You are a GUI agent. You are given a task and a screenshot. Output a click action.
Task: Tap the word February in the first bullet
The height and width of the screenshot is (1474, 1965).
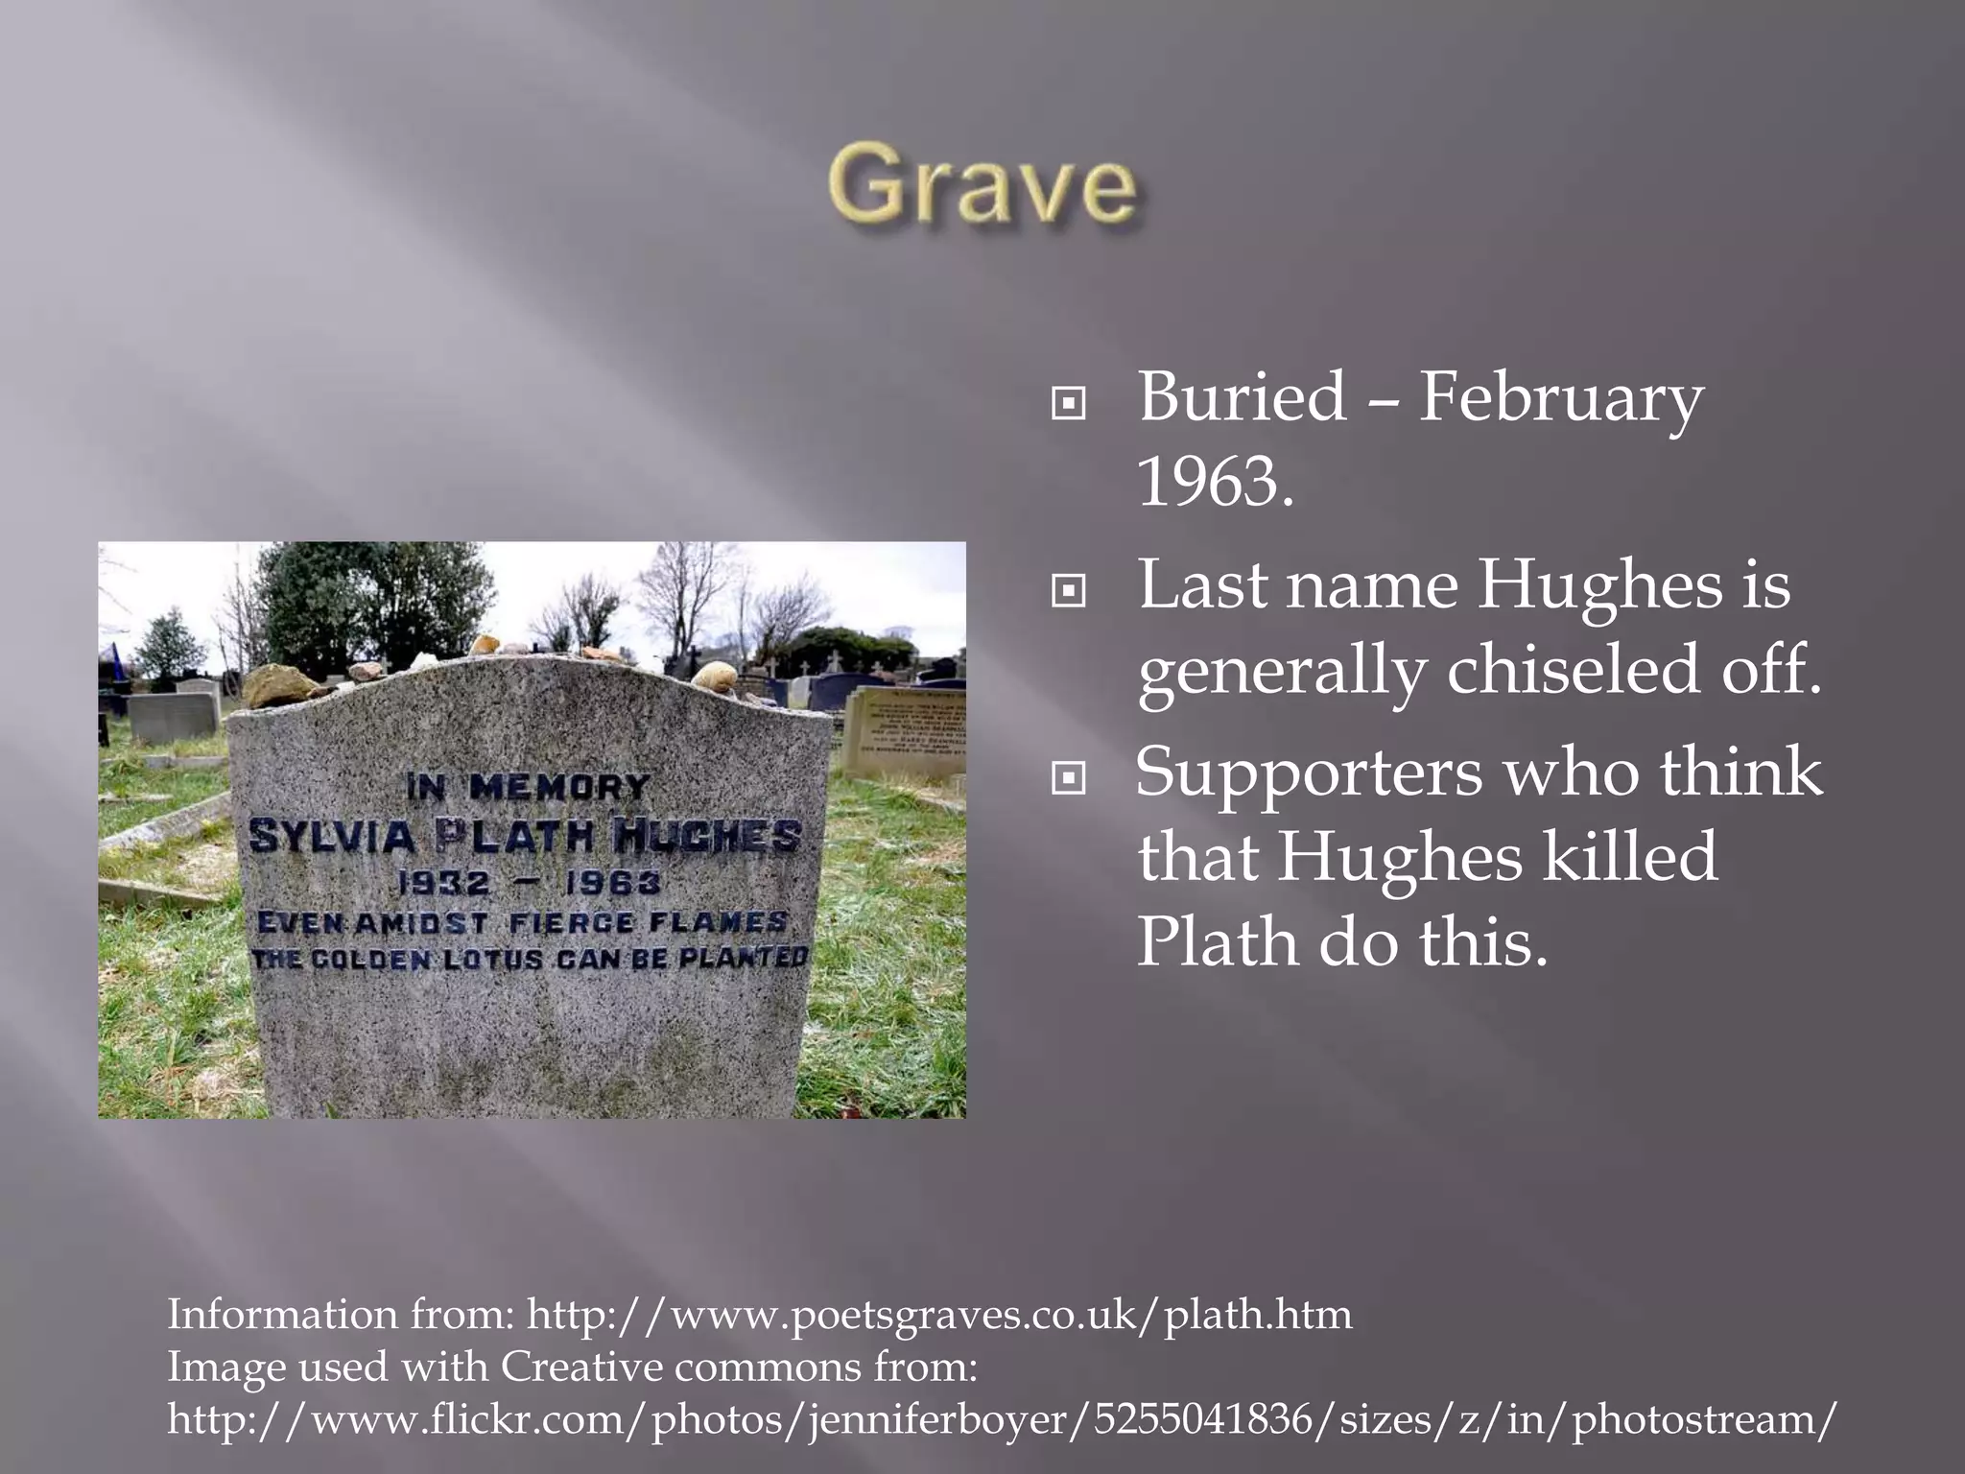click(x=1561, y=397)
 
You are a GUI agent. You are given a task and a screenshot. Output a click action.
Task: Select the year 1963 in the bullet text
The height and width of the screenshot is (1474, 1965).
click(x=1215, y=482)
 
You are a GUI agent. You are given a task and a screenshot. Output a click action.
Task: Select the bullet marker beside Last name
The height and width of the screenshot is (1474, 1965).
click(x=1068, y=592)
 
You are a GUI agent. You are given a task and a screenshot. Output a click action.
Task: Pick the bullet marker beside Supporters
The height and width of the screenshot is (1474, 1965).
click(x=1068, y=779)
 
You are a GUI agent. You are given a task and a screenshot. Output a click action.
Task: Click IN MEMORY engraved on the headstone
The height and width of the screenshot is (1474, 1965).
click(x=527, y=789)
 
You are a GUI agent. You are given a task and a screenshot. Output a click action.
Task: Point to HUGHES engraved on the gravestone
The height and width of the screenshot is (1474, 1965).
click(x=707, y=836)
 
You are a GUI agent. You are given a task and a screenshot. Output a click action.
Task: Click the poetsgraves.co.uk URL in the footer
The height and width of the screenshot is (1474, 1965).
click(x=939, y=1314)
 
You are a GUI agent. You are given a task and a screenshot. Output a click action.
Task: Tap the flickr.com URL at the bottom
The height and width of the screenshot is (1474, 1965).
click(x=1002, y=1418)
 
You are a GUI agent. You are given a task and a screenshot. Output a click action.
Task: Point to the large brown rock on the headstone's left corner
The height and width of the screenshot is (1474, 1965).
click(x=278, y=686)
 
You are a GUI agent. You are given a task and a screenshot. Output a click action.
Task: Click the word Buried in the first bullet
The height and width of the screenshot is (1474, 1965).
click(x=1242, y=397)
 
